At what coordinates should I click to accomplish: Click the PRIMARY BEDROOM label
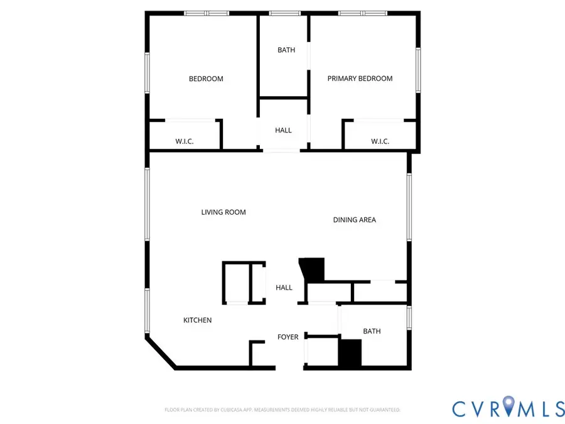360,79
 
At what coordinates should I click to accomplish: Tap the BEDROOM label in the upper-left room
206,79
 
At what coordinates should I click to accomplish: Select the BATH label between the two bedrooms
286,50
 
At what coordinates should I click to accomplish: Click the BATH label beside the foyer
372,331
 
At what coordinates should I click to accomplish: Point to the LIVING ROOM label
223,212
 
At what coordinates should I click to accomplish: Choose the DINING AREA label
354,220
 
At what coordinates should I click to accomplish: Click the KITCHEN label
197,320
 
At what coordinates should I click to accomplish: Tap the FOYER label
288,337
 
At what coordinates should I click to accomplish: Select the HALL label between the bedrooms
283,131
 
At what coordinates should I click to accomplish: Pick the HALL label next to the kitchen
284,288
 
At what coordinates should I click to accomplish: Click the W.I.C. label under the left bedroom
184,142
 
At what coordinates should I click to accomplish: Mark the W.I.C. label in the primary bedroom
380,142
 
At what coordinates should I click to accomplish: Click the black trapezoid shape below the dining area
312,269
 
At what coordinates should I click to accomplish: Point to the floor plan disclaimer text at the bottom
282,410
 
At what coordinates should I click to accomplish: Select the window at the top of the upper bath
284,13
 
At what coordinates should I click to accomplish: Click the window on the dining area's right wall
409,207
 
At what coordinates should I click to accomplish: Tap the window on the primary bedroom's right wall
418,70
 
